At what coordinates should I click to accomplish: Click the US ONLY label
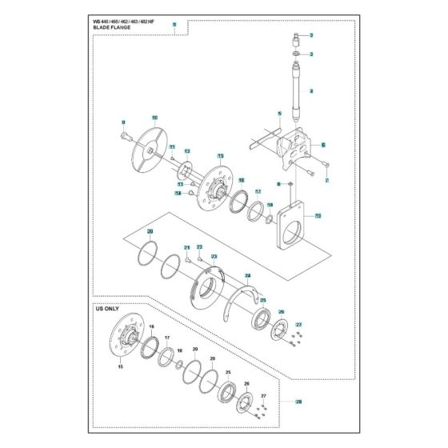coord(108,307)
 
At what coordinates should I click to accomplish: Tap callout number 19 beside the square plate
coord(318,216)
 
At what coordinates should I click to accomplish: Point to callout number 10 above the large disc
coord(154,117)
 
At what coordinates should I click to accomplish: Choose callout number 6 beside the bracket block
coord(322,145)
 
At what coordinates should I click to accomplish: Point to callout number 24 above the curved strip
coord(248,275)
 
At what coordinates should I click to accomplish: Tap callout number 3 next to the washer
coord(311,54)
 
